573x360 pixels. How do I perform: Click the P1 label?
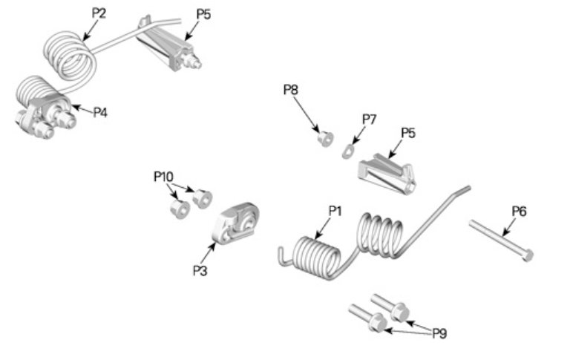(334, 210)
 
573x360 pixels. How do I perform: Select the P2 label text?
(99, 13)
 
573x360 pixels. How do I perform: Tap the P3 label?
(200, 270)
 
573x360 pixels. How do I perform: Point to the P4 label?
(100, 112)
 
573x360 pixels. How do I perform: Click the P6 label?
(519, 212)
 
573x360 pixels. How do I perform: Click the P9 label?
(440, 333)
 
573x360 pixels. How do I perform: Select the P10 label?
(163, 176)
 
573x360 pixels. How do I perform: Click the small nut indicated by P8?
(324, 138)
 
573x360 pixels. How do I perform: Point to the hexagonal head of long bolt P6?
(528, 255)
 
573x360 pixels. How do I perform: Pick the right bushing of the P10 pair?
(202, 198)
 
